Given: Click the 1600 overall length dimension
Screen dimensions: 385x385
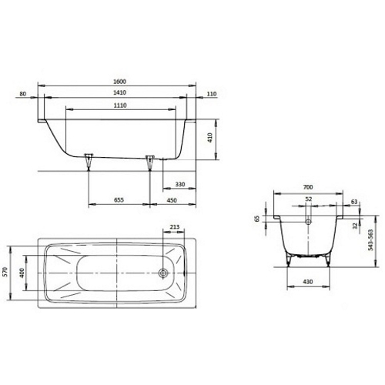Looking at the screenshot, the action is pos(119,82).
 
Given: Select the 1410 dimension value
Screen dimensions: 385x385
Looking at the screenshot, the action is pos(119,92).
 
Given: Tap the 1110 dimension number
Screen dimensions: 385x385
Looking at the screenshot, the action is pos(120,105).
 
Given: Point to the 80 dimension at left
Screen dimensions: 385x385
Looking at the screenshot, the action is pos(23,94).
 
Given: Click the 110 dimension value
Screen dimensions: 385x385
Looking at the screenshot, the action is pos(212,94).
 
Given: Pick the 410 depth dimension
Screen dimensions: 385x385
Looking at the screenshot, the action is pos(210,138).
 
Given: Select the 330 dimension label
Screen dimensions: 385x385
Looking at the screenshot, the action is pos(180,184).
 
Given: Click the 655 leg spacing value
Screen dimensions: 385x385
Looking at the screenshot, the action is pos(119,199).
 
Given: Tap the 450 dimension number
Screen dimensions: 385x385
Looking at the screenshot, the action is pos(172,200).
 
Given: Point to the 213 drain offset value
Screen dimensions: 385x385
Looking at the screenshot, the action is pos(175,227).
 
